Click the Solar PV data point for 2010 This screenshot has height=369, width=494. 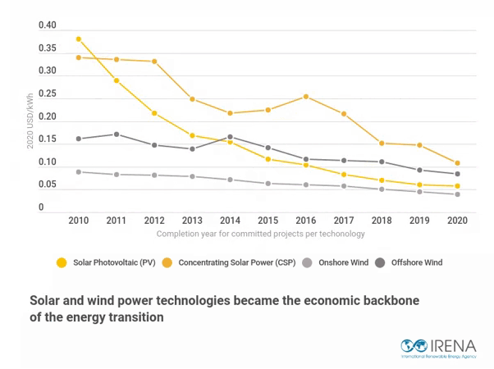coord(79,39)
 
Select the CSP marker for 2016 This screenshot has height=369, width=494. coord(306,97)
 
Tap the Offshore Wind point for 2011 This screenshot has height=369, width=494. coord(117,134)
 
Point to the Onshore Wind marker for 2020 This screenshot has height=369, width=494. coord(457,194)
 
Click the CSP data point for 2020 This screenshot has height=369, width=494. coord(457,163)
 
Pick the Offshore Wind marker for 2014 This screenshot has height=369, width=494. coord(230,137)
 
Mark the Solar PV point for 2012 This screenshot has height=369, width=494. coord(154,113)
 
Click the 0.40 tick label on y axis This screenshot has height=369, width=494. coord(48,26)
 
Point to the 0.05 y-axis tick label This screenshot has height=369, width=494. coord(48,185)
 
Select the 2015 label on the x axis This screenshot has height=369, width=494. coord(268,221)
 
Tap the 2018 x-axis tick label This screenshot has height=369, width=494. coord(382,221)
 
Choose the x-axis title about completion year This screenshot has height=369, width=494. coord(260,234)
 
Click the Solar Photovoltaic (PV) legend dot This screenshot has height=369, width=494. coord(61,263)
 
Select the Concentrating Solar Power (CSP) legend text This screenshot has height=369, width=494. coord(237,263)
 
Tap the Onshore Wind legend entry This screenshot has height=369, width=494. coord(336,263)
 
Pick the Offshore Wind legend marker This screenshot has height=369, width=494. coord(380,263)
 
